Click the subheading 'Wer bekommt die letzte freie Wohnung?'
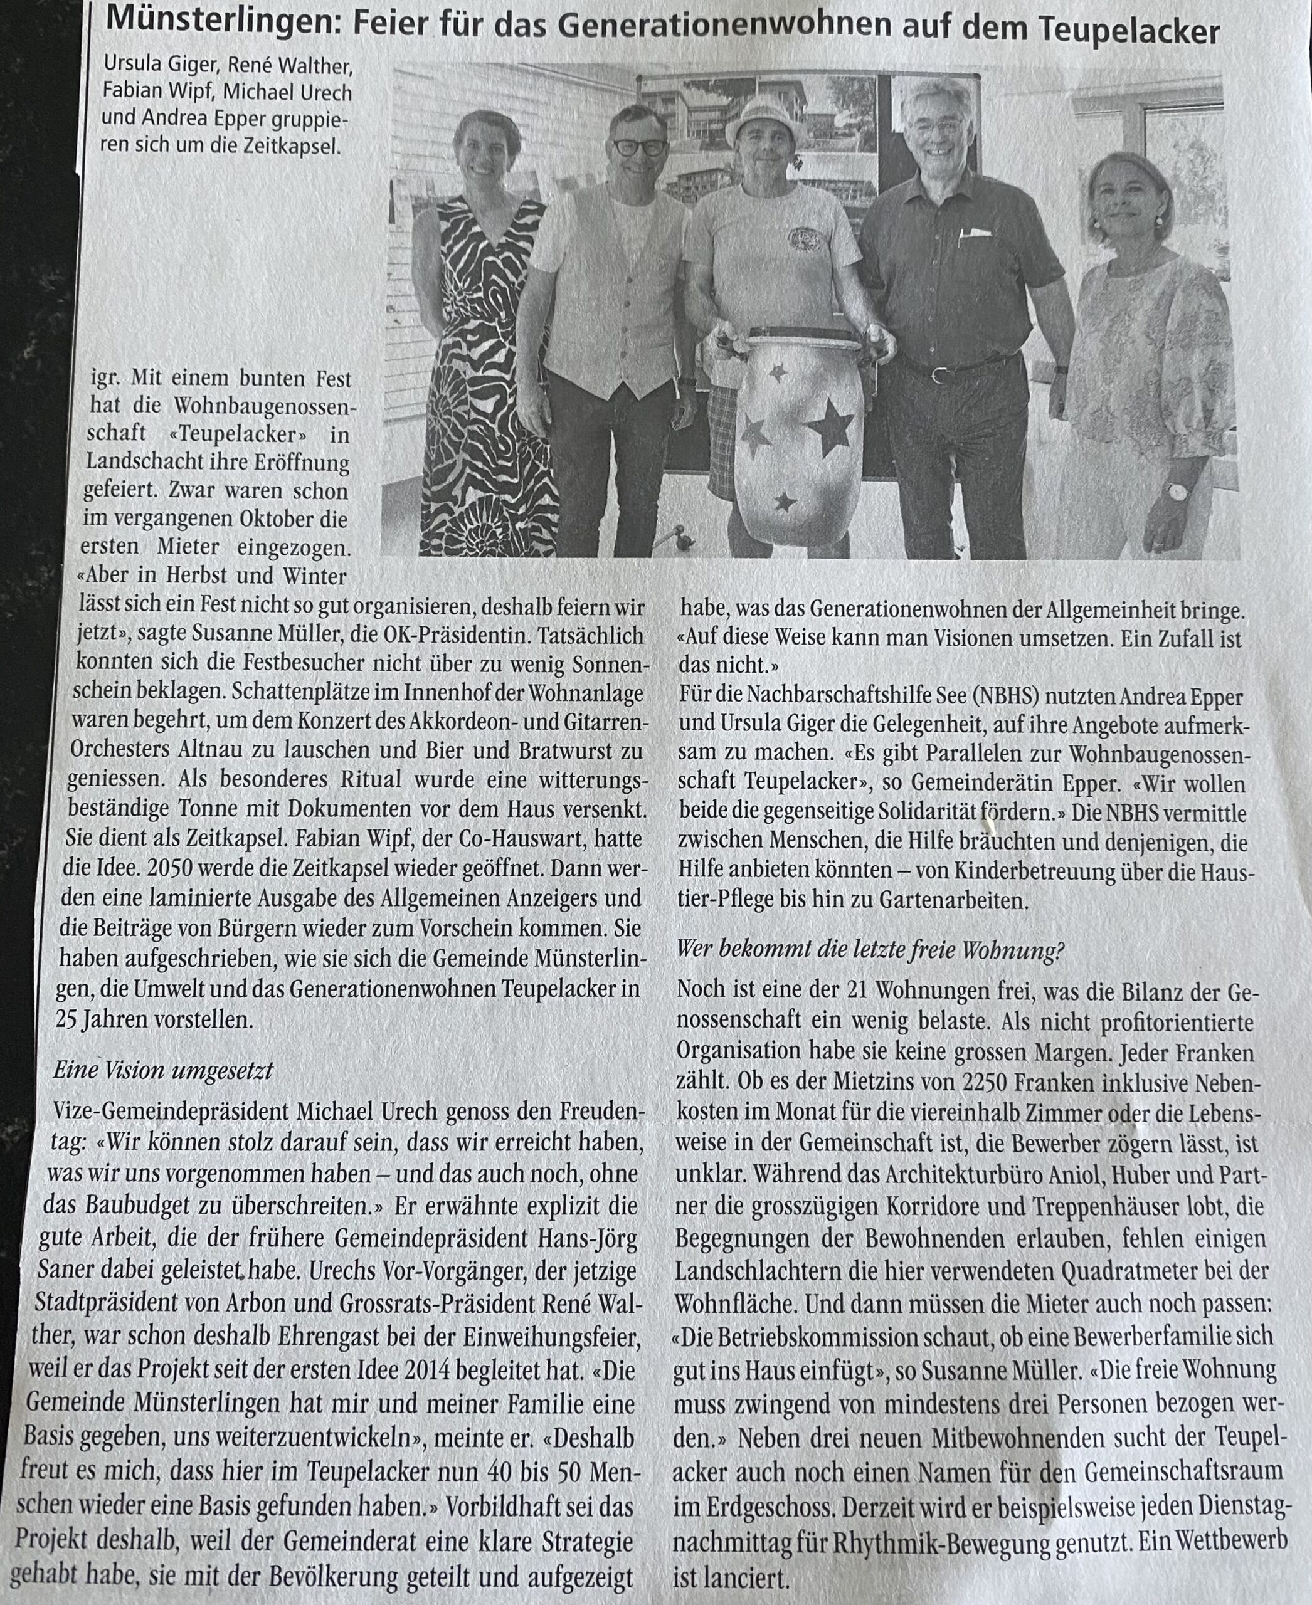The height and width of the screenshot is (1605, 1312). (x=869, y=949)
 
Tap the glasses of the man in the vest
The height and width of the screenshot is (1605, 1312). (x=639, y=147)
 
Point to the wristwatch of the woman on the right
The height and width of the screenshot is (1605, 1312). (x=1176, y=491)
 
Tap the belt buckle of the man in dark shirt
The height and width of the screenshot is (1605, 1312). (x=939, y=373)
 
